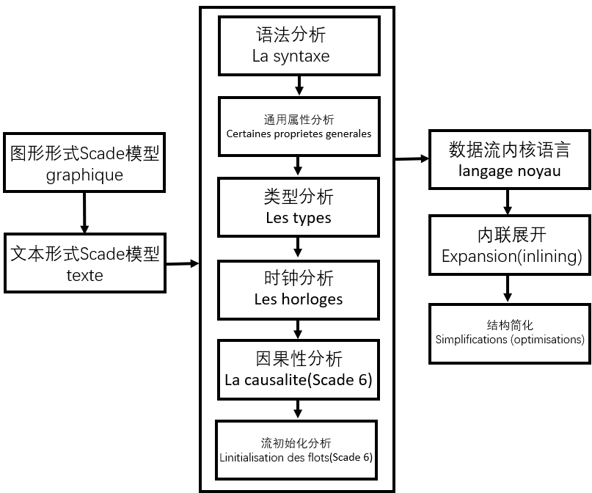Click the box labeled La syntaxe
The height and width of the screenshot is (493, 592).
pyautogui.click(x=299, y=45)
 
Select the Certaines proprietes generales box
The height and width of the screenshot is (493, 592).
pyautogui.click(x=299, y=126)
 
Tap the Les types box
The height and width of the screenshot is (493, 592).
pyautogui.click(x=299, y=207)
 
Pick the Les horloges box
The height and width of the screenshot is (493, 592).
pyautogui.click(x=299, y=288)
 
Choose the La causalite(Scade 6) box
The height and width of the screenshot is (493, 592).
pyautogui.click(x=299, y=369)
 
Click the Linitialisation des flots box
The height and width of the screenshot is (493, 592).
pyautogui.click(x=296, y=450)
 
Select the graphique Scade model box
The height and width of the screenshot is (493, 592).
pyautogui.click(x=84, y=164)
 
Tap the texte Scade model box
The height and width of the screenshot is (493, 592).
pyautogui.click(x=84, y=263)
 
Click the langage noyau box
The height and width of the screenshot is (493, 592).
pyautogui.click(x=509, y=160)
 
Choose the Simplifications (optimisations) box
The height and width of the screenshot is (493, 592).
pyautogui.click(x=510, y=332)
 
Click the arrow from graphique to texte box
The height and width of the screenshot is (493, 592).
pyautogui.click(x=84, y=213)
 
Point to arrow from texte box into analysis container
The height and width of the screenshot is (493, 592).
pyautogui.click(x=182, y=263)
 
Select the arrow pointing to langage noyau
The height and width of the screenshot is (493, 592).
pyautogui.click(x=412, y=158)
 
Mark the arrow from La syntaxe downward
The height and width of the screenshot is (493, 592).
pyautogui.click(x=299, y=86)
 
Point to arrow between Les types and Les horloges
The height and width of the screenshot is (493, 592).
pyautogui.click(x=299, y=247)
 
